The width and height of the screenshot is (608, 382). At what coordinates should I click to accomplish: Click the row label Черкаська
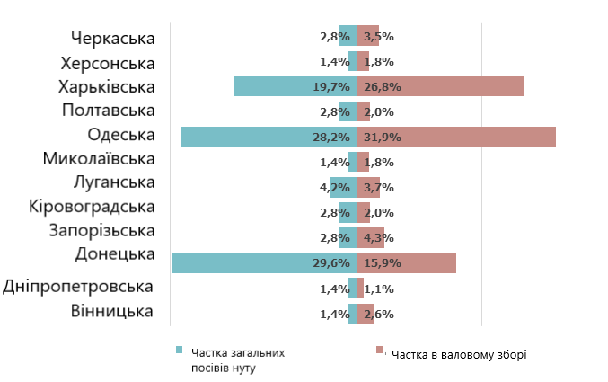(x=112, y=38)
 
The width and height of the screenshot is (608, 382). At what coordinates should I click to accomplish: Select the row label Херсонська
(x=108, y=63)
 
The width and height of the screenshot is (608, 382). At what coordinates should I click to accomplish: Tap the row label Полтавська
(x=109, y=111)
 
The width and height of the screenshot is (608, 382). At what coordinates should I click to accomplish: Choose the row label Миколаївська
(x=99, y=159)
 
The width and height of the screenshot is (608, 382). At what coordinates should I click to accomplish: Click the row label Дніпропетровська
(x=79, y=288)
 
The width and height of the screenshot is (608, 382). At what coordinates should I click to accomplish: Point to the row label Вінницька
(x=113, y=312)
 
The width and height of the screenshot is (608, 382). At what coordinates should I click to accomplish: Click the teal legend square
(x=180, y=351)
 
